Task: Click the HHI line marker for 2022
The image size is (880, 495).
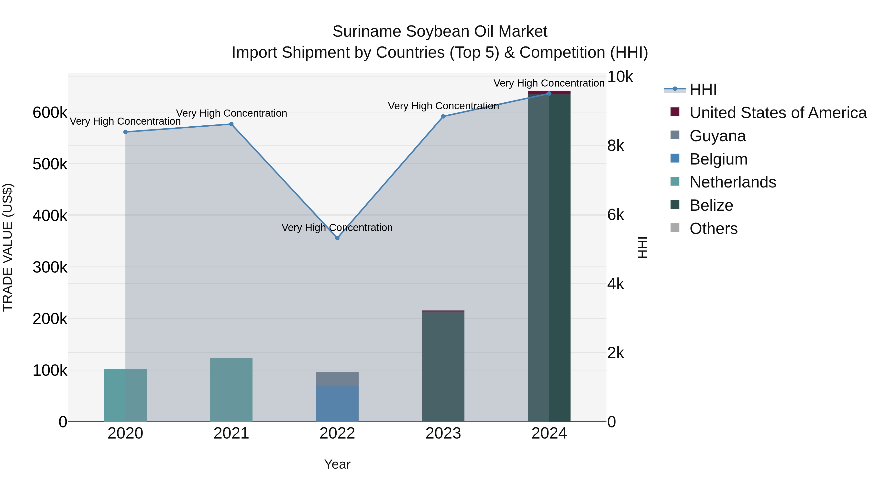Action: point(337,238)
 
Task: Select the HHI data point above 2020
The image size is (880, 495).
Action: point(125,132)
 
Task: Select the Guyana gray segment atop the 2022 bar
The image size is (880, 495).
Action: point(337,379)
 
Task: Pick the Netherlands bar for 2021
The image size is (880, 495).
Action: point(231,389)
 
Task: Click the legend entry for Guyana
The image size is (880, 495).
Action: point(717,136)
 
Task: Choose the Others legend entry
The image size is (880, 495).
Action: point(713,229)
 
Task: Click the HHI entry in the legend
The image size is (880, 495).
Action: point(703,89)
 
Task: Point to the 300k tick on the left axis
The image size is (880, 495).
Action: point(50,267)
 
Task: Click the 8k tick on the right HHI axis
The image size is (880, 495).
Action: point(616,146)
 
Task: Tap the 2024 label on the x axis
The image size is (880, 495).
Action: point(549,433)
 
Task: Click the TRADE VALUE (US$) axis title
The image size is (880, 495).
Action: point(8,247)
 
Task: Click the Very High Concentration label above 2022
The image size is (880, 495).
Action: point(337,228)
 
